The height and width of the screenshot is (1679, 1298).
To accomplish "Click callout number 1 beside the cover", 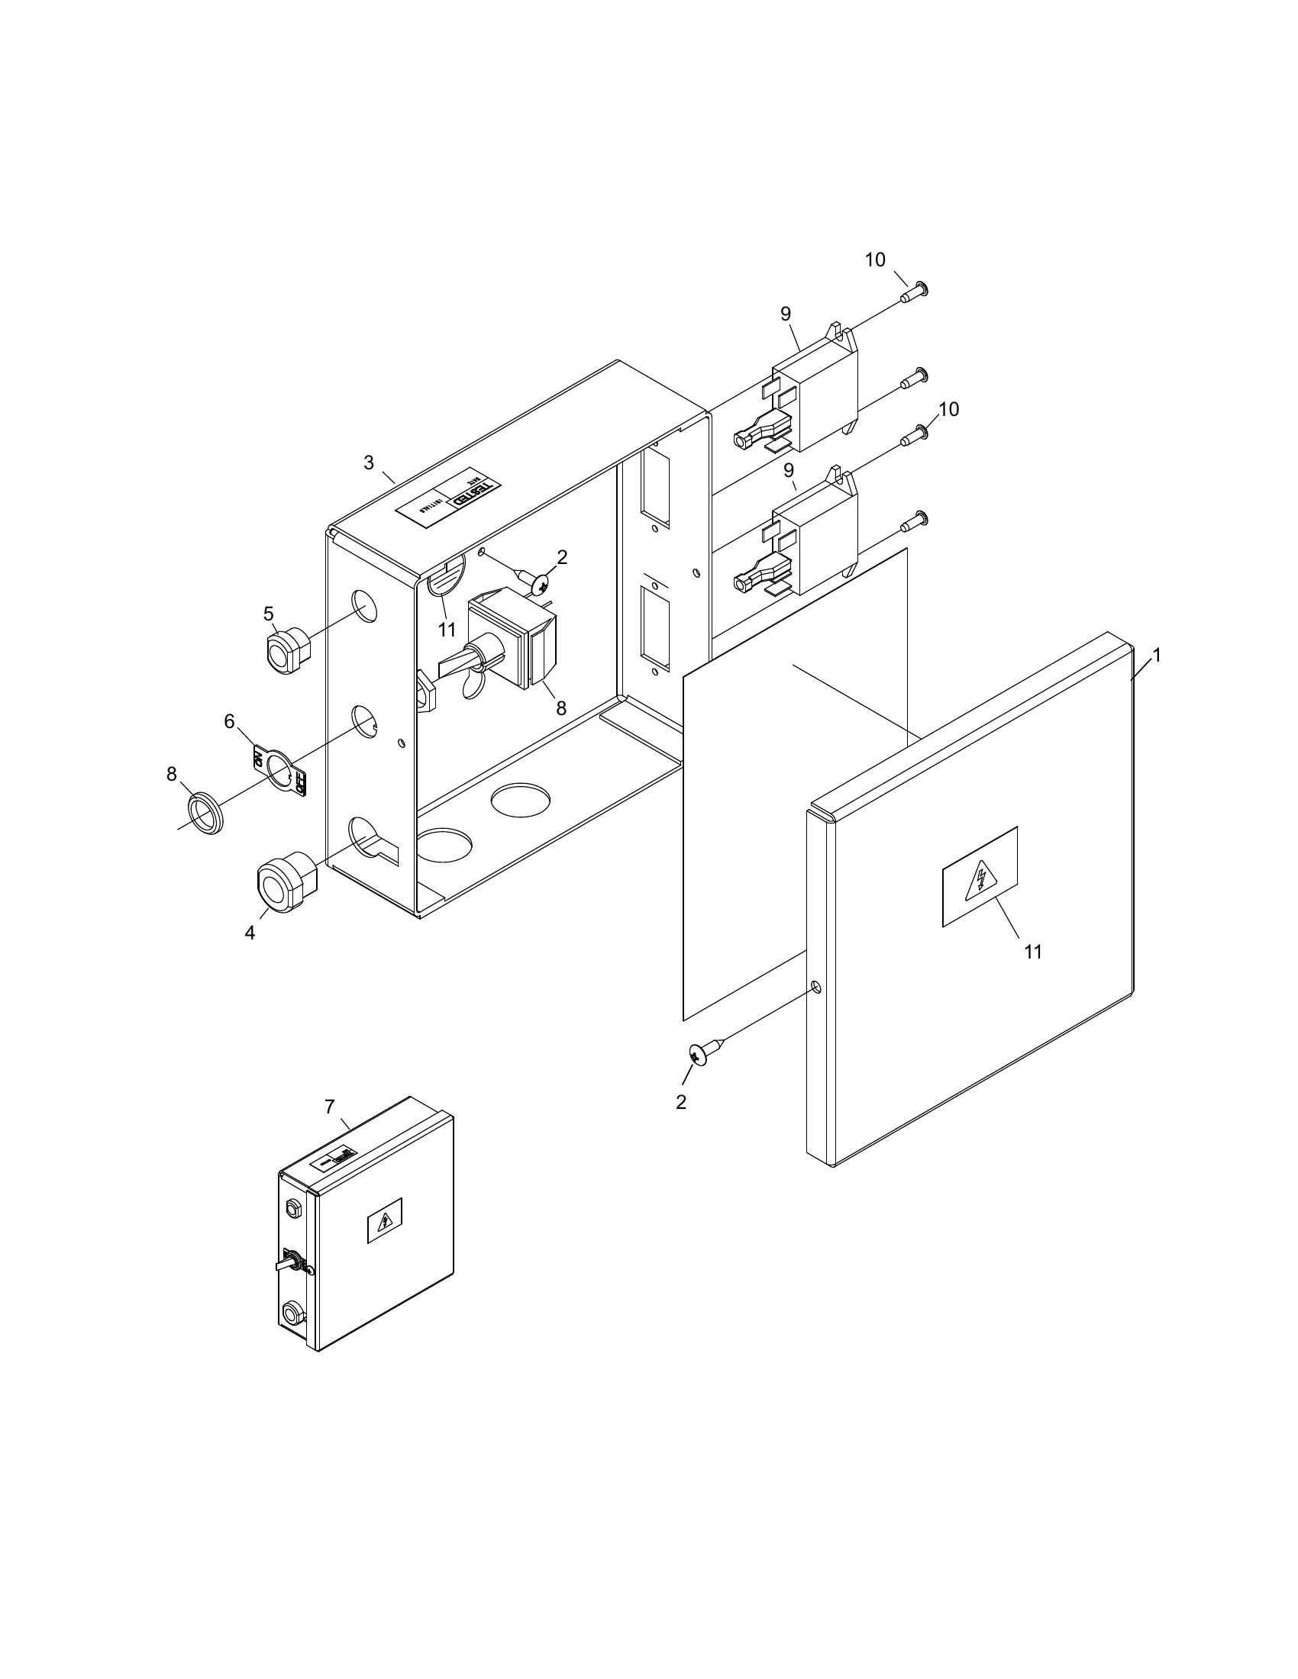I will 1156,656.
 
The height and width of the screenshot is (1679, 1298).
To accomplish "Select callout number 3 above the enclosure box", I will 369,462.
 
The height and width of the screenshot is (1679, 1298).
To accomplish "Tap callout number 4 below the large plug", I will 250,933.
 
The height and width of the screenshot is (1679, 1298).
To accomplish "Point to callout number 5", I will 268,614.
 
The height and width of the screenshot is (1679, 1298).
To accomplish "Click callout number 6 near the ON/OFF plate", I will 229,721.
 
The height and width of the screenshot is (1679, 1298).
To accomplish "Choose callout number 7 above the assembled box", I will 329,1107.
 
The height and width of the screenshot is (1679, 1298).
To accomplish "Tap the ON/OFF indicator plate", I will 280,769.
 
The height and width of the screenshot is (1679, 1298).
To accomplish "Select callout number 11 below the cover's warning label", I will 1033,952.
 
